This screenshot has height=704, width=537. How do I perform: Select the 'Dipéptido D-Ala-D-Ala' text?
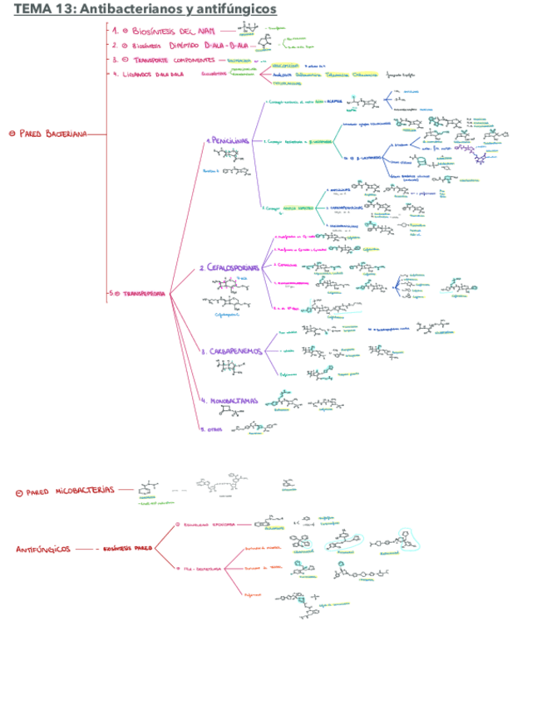coord(199,46)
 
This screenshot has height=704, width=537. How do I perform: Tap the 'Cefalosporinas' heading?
coord(229,268)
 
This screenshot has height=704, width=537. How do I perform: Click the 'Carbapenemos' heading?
coord(232,351)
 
